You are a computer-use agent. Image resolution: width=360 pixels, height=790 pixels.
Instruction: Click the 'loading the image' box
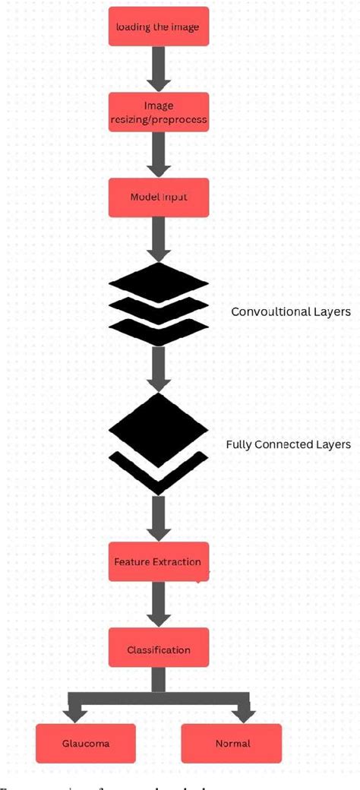click(158, 28)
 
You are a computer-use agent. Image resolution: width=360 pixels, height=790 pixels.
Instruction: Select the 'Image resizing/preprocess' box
click(158, 112)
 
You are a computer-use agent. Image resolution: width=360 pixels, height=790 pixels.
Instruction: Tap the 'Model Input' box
click(158, 197)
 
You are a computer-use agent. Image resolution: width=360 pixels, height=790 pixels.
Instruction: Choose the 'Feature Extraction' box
click(158, 562)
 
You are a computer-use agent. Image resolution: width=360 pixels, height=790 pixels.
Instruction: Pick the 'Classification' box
click(158, 649)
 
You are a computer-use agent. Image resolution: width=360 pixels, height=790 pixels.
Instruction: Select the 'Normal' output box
click(232, 744)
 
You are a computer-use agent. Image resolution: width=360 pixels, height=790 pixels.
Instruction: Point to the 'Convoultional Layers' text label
click(291, 311)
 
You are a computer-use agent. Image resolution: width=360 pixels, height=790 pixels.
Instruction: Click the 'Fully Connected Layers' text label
click(289, 444)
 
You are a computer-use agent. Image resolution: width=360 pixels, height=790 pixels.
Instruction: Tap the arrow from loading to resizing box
click(158, 70)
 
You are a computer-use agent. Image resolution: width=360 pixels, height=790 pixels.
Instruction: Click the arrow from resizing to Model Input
click(158, 155)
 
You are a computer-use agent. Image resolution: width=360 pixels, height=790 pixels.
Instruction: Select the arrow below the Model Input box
click(158, 238)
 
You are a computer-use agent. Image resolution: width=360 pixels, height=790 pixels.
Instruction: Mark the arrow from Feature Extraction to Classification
click(158, 605)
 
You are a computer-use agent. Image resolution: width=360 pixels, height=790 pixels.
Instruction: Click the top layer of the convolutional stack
click(158, 283)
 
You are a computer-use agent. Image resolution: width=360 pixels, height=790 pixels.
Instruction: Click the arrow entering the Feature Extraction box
click(158, 519)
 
